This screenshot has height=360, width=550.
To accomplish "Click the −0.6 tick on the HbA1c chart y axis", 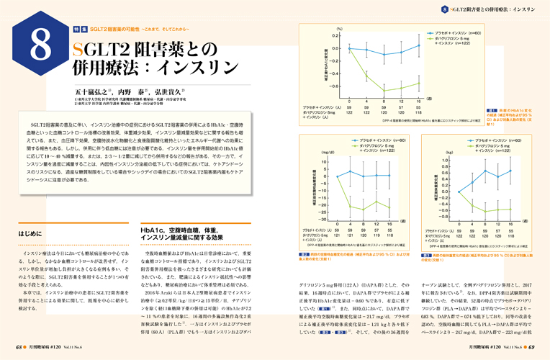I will (x=333, y=84).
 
